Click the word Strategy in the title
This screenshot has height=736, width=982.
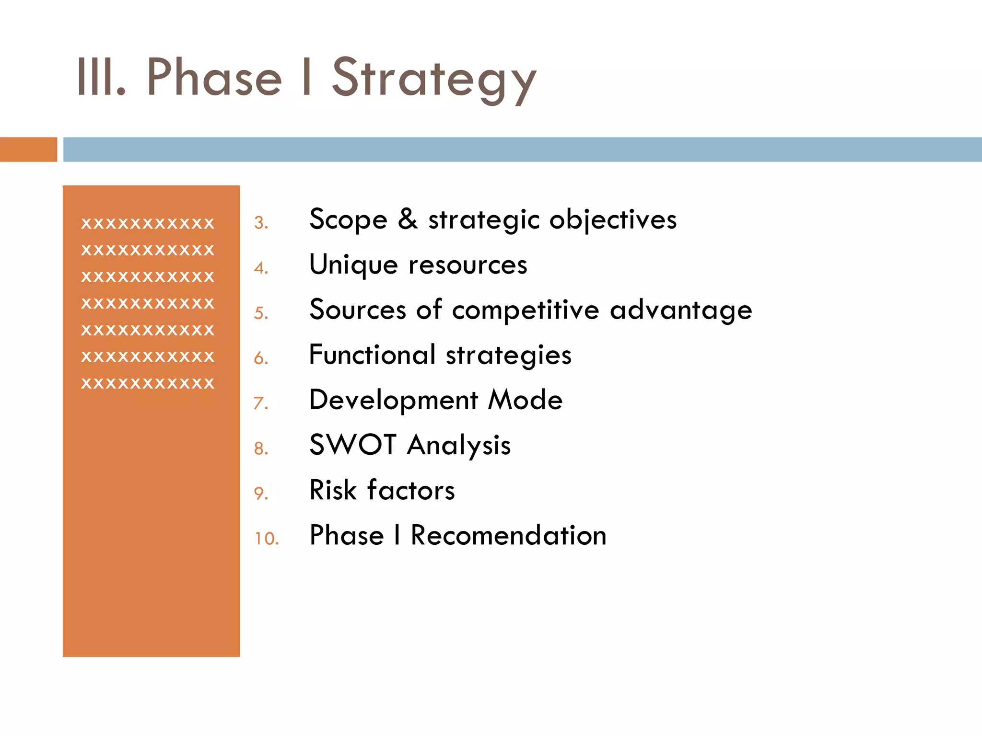coord(434,79)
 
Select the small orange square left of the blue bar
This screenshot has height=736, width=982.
coord(28,149)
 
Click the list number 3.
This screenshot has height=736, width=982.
coord(261,223)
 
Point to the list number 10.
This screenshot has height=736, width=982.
coord(266,539)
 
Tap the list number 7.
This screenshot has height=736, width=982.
coord(261,403)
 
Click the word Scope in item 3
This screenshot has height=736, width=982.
coord(348,220)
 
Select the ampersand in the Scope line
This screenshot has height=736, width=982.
coord(408,219)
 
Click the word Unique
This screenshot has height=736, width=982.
coord(353,265)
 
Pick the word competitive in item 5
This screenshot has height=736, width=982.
coord(525,310)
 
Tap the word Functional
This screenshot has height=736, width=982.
coord(372,355)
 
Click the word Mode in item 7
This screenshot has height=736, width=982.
coord(525,400)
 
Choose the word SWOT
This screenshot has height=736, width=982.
coord(352,445)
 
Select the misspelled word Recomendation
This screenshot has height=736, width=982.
coord(508,535)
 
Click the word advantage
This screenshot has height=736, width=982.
coord(680,310)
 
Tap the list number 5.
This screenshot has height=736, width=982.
coord(261,313)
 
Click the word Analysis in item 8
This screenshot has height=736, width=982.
coord(458,446)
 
